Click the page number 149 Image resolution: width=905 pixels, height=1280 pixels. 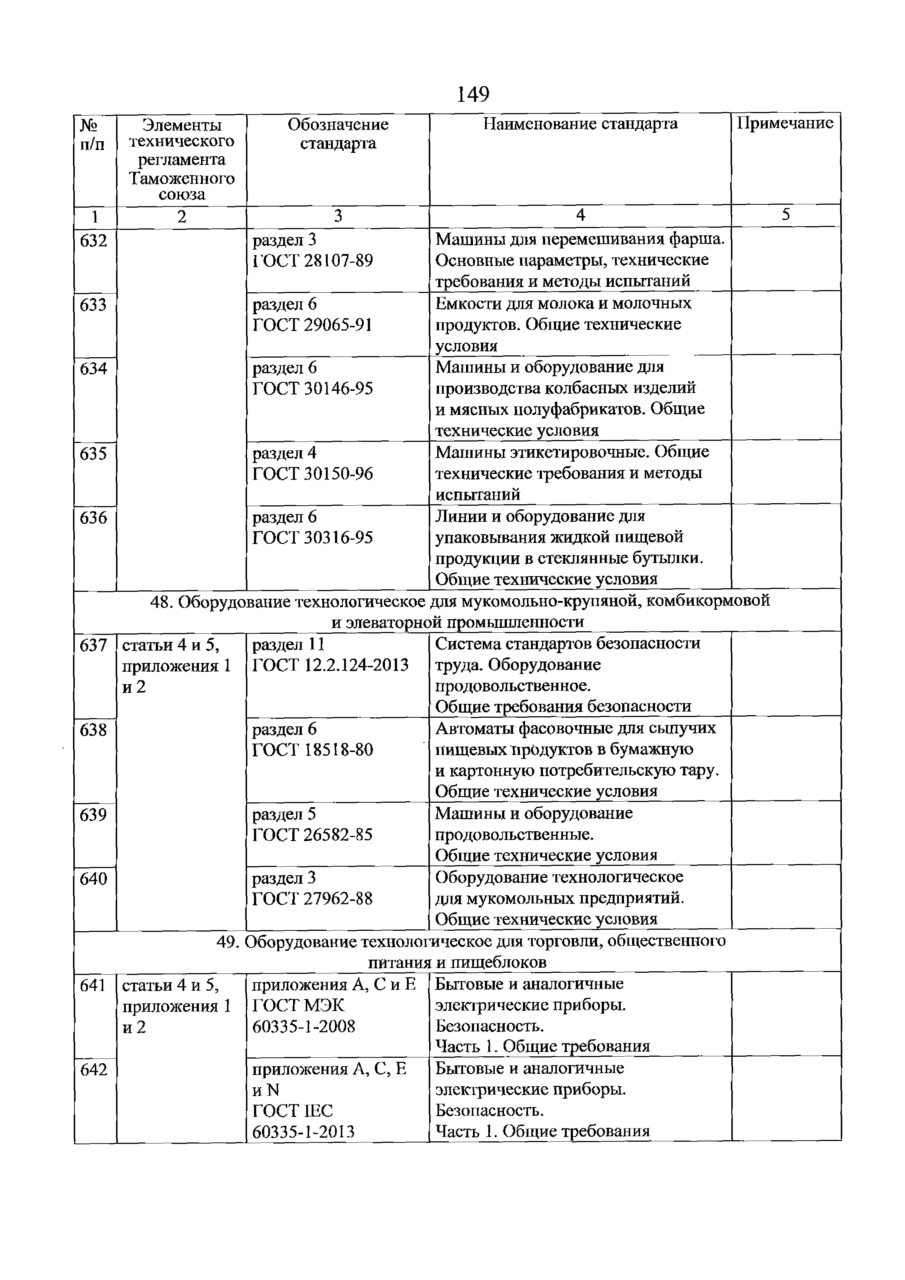point(473,95)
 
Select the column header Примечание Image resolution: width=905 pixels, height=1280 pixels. point(785,123)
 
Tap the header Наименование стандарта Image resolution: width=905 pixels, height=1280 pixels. point(580,123)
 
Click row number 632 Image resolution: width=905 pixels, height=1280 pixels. point(93,241)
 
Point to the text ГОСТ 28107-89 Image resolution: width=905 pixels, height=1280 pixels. point(312,261)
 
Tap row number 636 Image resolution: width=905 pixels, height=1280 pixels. point(93,517)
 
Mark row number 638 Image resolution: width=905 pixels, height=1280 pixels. point(93,729)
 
